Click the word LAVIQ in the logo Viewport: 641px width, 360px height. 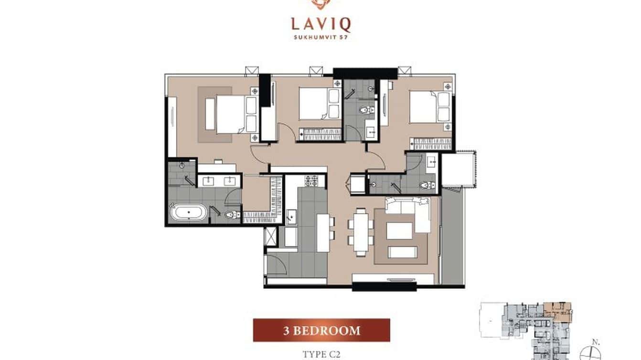tap(320, 23)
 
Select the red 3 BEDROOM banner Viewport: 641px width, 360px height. tap(321, 330)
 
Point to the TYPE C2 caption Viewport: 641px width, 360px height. tap(321, 354)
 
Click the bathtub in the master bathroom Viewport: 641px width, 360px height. tap(189, 212)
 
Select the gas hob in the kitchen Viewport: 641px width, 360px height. tap(311, 181)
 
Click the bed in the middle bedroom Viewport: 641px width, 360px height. tap(314, 104)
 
